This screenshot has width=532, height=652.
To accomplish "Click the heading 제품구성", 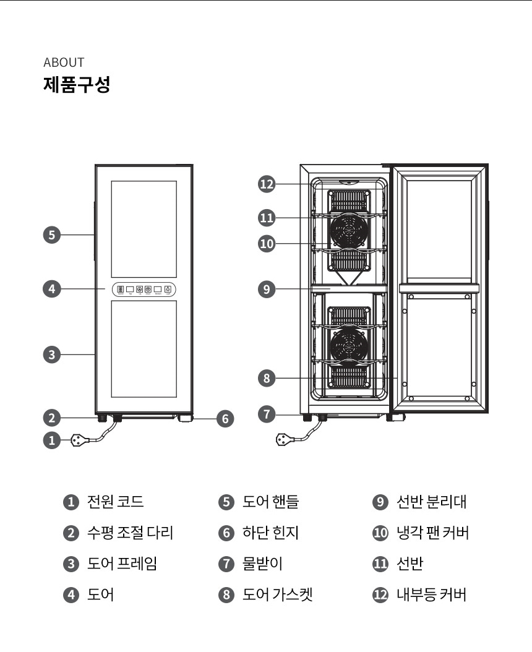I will pyautogui.click(x=77, y=84).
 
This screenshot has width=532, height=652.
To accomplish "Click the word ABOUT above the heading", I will pyautogui.click(x=64, y=62).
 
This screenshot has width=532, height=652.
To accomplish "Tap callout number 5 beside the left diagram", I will pyautogui.click(x=52, y=235).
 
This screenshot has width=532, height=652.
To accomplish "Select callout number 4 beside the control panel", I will pyautogui.click(x=52, y=288).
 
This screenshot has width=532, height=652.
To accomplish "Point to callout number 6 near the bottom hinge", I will pyautogui.click(x=225, y=419).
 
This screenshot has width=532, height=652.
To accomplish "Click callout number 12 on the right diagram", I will pyautogui.click(x=267, y=184).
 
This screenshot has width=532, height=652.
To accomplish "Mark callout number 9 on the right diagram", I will pyautogui.click(x=267, y=289).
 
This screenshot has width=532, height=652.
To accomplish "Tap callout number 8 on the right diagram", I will pyautogui.click(x=267, y=378).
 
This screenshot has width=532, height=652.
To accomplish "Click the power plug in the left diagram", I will pyautogui.click(x=78, y=440).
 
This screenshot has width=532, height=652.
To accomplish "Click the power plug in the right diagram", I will pyautogui.click(x=285, y=440).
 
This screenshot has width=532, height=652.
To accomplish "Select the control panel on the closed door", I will pyautogui.click(x=144, y=289).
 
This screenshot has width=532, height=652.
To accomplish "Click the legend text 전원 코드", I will pyautogui.click(x=116, y=502).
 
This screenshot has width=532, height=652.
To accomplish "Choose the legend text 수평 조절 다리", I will pyautogui.click(x=130, y=533).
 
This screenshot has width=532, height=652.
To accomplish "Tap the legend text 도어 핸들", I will pyautogui.click(x=270, y=502).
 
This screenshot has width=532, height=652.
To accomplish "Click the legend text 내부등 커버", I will pyautogui.click(x=431, y=595).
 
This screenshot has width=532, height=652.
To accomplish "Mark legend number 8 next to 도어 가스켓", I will pyautogui.click(x=225, y=596).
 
